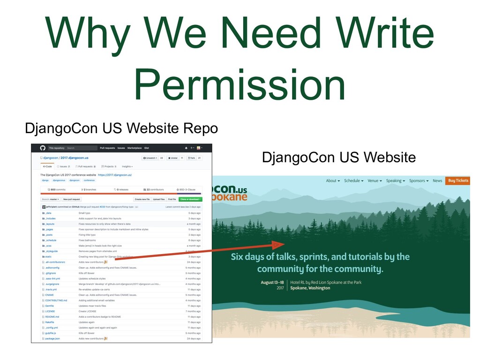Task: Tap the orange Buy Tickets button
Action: (x=457, y=180)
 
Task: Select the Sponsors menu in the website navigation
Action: (x=419, y=180)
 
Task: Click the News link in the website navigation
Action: (x=437, y=180)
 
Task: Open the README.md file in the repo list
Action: (x=52, y=316)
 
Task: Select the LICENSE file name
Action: (x=50, y=311)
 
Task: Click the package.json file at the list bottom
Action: (x=52, y=338)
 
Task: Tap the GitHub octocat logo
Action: (x=43, y=148)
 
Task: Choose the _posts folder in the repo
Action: (x=49, y=235)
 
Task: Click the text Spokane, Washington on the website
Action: (x=310, y=288)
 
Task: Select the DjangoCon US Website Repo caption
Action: (x=121, y=127)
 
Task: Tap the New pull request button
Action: (x=72, y=199)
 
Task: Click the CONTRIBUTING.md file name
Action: (x=56, y=300)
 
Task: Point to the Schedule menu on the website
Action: (x=354, y=180)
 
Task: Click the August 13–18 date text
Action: (x=272, y=282)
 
